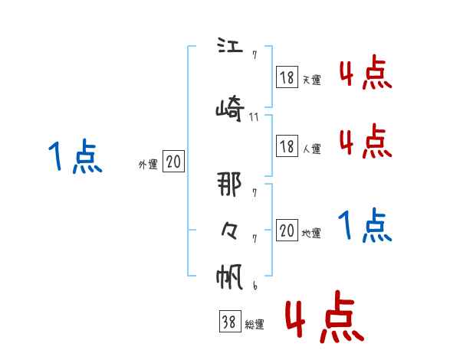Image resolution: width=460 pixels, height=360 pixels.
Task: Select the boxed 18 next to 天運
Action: [287, 77]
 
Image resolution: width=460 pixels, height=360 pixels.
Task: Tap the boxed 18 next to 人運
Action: [287, 146]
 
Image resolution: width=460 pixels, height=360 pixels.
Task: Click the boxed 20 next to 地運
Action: [287, 231]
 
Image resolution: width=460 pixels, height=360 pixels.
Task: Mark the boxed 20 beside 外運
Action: [173, 162]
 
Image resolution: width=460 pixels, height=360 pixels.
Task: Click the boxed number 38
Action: [228, 322]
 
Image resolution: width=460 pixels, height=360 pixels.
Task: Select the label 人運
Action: [311, 149]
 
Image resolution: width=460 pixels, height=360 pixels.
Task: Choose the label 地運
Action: [311, 233]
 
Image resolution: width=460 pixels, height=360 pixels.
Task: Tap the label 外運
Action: [147, 164]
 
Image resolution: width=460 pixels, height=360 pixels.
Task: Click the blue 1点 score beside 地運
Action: [365, 225]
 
